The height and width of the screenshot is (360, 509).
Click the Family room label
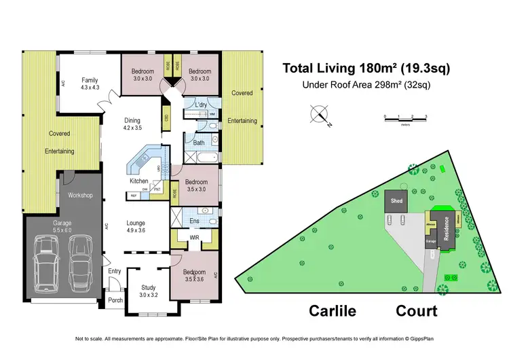[x=90, y=79]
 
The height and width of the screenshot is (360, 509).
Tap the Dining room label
[x=132, y=121]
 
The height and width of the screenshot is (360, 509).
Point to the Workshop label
[x=80, y=196]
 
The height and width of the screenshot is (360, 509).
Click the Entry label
[x=115, y=272]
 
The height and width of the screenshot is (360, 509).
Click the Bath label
[x=199, y=143]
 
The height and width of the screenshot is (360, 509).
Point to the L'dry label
[x=201, y=105]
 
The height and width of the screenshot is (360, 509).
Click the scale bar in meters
[x=405, y=118]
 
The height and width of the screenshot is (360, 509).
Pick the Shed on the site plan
[x=396, y=201]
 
